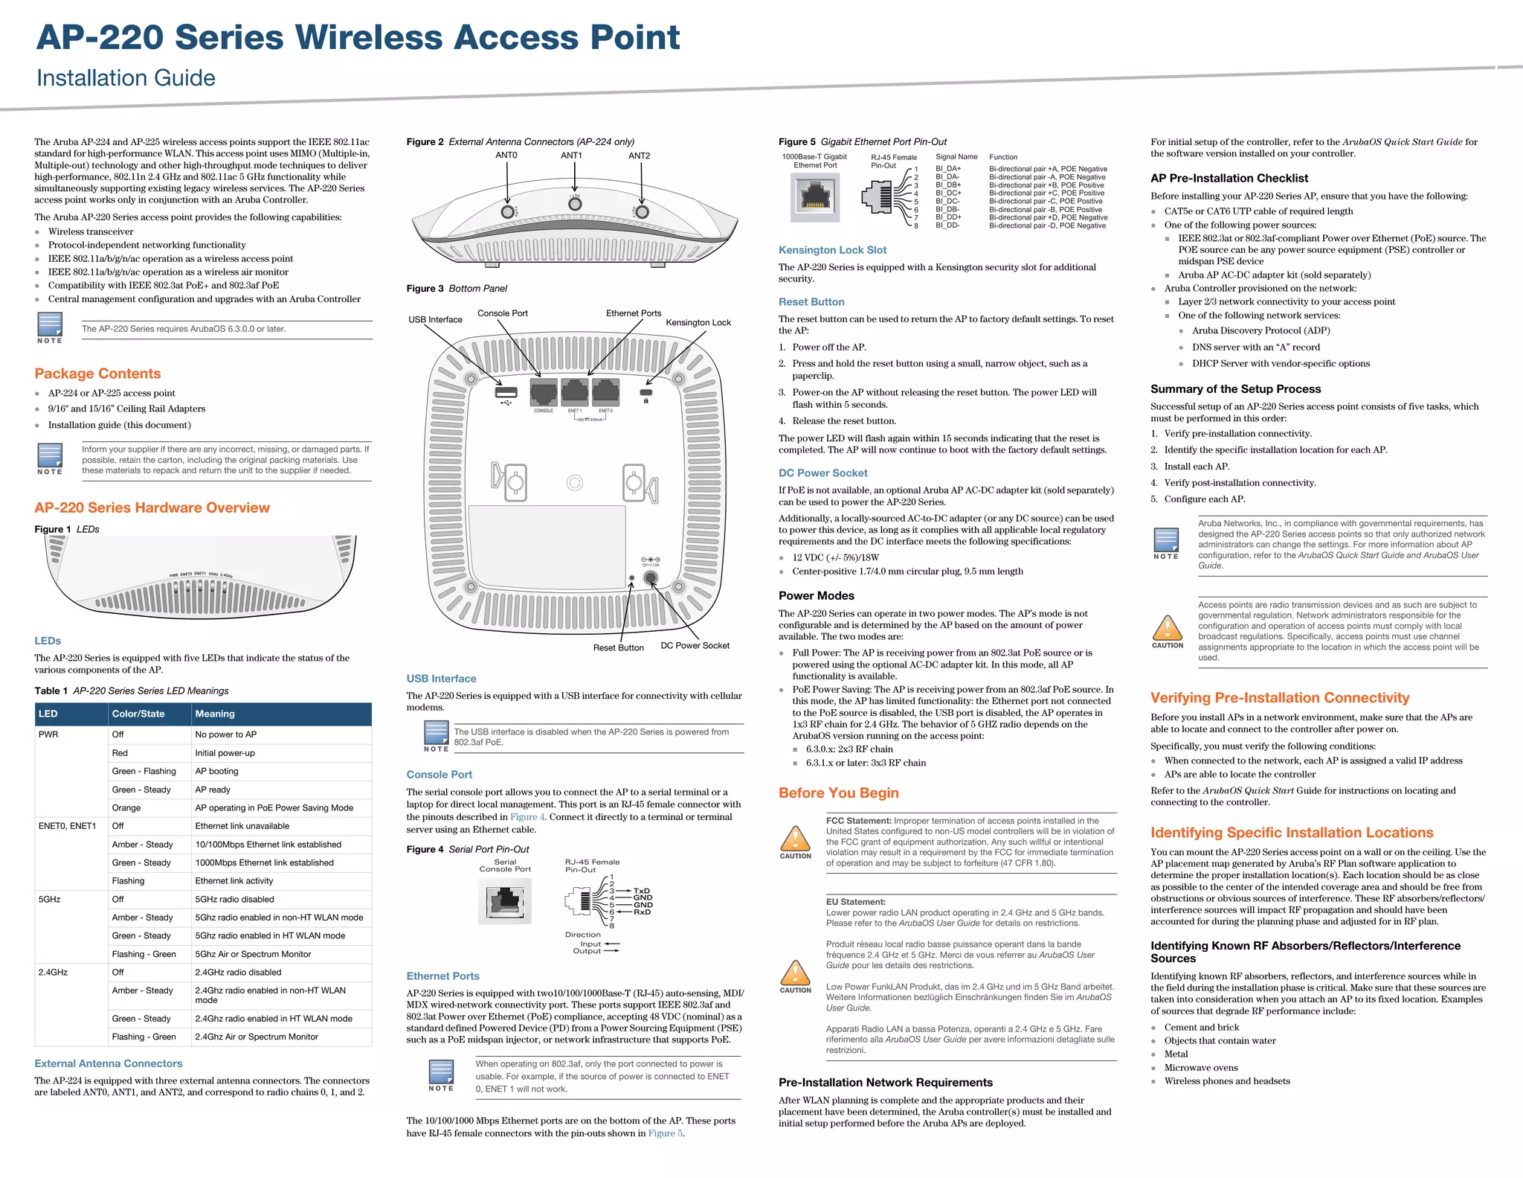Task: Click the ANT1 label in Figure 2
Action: pos(571,156)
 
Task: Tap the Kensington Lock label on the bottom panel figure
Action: pos(698,322)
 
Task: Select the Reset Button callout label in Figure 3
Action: pos(618,647)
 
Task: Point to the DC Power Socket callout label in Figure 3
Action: pos(695,645)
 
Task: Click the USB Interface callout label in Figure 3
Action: pos(435,319)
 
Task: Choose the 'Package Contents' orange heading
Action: pos(97,374)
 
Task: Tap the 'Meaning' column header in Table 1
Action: pos(215,714)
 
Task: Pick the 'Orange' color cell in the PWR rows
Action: pos(126,807)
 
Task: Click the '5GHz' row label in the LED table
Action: pos(49,899)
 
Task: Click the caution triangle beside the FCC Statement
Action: pos(795,839)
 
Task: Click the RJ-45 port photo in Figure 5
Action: pos(815,196)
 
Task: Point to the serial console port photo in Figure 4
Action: pos(505,900)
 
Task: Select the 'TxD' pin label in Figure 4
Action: pos(642,891)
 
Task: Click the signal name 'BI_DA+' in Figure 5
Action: pos(948,169)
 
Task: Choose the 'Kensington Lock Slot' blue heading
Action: pos(832,250)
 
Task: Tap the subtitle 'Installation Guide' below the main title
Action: pos(126,78)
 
